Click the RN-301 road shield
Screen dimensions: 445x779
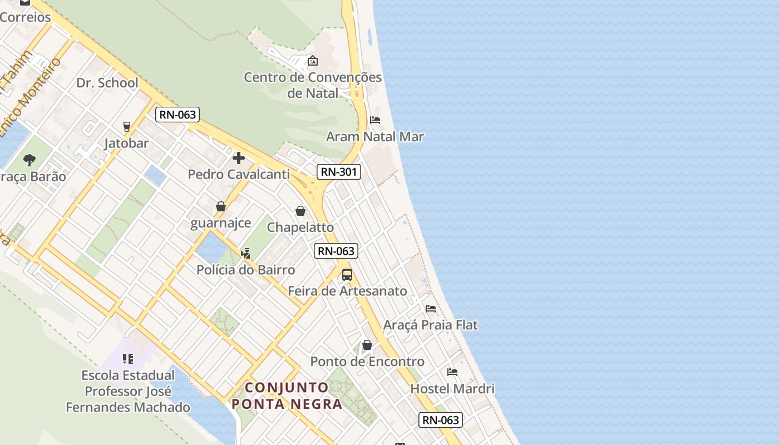coord(339,172)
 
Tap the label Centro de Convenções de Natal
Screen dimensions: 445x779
coord(313,85)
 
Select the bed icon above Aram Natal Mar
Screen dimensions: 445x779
coord(375,120)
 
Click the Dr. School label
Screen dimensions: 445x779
coord(107,83)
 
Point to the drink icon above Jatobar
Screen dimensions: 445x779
coord(127,127)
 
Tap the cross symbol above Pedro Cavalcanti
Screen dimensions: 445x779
coord(239,158)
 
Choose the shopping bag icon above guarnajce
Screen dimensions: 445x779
coord(221,206)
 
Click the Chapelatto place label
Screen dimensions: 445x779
coord(300,228)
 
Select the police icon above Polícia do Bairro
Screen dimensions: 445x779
coord(245,254)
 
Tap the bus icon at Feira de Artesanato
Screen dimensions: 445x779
coord(347,274)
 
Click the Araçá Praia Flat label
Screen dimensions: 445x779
coord(430,325)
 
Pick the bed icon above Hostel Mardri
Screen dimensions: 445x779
coord(452,372)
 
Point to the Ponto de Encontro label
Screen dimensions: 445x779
coord(367,362)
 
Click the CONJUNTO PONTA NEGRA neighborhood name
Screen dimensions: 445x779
coord(287,395)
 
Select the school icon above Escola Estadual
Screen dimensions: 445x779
coord(128,359)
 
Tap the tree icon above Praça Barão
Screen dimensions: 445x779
coord(29,160)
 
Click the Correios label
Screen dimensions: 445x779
coord(25,17)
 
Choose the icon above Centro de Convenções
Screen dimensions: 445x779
coord(313,61)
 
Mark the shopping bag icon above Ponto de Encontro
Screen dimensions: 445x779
coord(367,345)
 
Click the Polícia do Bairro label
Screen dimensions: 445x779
coord(246,270)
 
